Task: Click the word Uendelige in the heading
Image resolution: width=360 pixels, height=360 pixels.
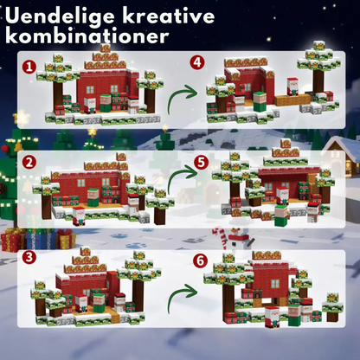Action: coord(73,16)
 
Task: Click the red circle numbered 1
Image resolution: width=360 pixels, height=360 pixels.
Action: coord(29,66)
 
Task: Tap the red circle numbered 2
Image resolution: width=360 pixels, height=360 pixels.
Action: coord(29,162)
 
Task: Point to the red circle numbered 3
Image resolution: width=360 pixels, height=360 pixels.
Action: coord(29,257)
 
